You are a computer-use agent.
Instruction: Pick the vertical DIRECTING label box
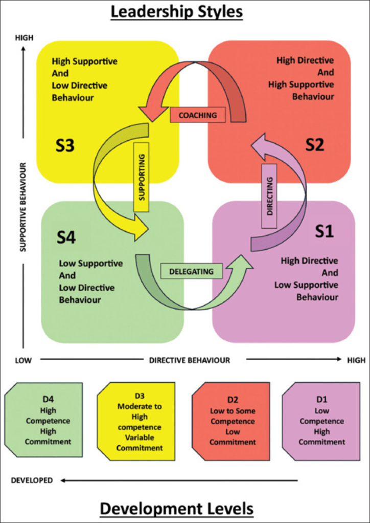pos(271,196)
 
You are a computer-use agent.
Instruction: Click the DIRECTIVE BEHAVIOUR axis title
pos(190,360)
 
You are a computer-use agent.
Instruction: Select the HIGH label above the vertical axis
pos(22,37)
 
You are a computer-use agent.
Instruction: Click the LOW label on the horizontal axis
pos(24,360)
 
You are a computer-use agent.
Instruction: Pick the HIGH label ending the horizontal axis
pos(356,360)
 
